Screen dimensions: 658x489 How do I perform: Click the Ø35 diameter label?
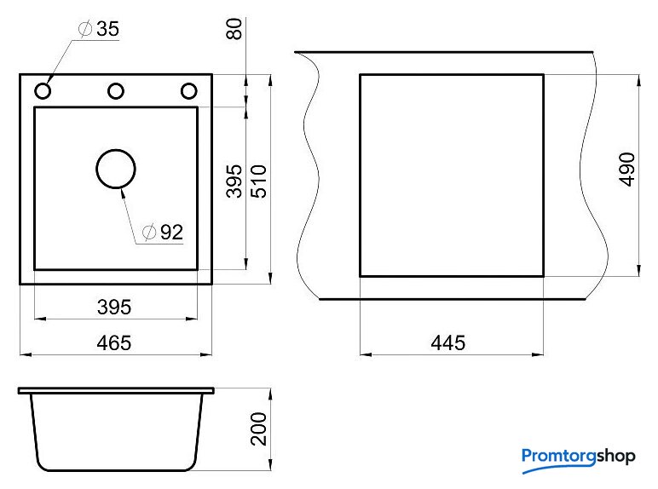point(99,28)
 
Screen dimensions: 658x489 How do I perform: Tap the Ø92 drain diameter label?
point(163,232)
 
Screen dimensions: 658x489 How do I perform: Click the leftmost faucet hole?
point(43,90)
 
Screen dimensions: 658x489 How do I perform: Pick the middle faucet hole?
point(116,90)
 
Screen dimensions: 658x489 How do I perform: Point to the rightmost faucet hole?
point(189,90)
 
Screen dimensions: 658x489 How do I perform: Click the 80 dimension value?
point(234,29)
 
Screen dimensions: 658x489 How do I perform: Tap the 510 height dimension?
point(258,181)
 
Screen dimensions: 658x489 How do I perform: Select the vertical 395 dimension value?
point(234,181)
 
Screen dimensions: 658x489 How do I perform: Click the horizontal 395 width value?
point(114,307)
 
